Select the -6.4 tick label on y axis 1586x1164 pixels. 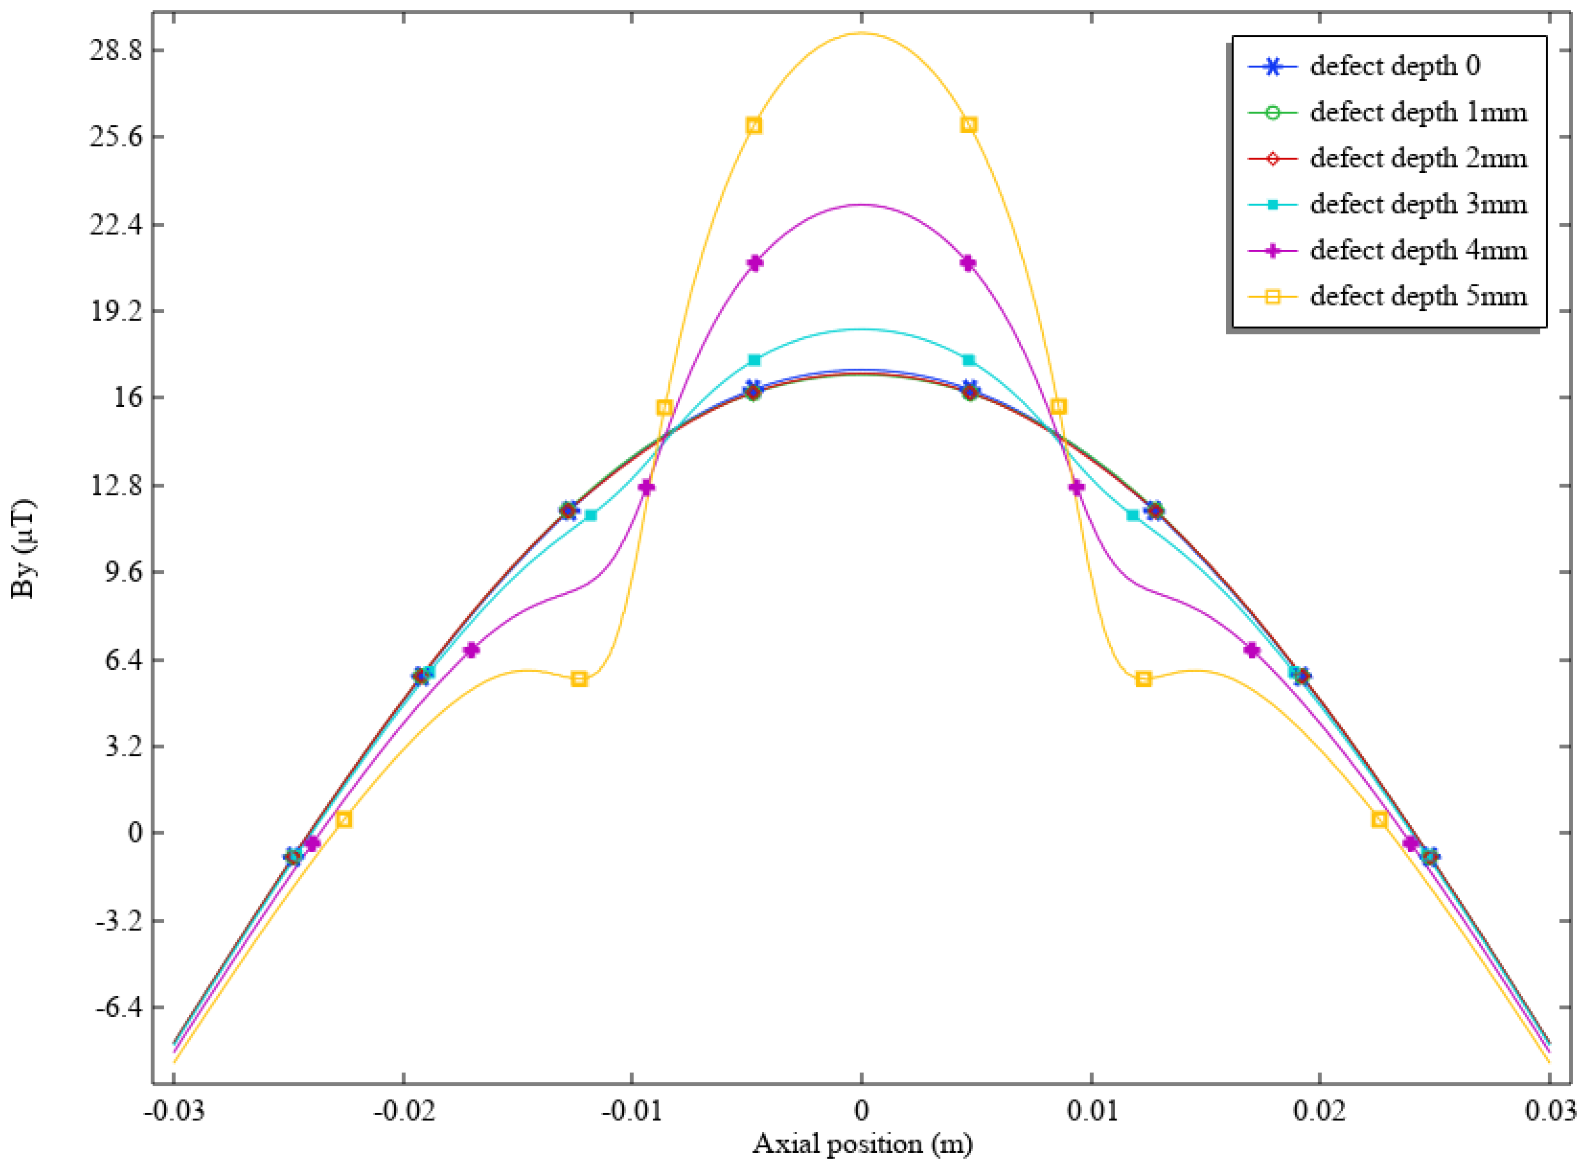[115, 1008]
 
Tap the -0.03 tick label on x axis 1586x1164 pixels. [174, 1111]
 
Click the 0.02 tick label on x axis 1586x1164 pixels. [1320, 1111]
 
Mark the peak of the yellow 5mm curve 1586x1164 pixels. [861, 33]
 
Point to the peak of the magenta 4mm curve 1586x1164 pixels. [861, 205]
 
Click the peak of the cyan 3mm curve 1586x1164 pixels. [861, 329]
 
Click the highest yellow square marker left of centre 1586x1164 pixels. [753, 125]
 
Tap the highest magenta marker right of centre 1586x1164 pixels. [968, 263]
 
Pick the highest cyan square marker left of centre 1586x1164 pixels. [754, 360]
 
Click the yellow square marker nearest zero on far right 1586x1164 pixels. [1379, 819]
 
